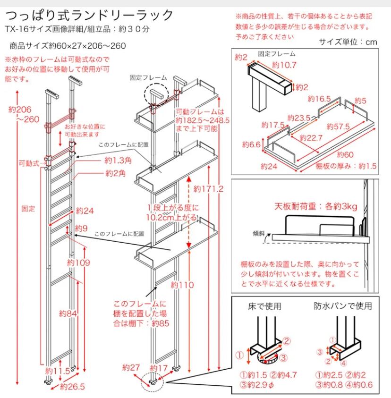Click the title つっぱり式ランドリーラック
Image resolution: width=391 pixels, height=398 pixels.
[89, 16]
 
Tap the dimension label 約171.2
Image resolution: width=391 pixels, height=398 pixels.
[208, 188]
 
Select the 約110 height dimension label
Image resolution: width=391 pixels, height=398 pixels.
[182, 285]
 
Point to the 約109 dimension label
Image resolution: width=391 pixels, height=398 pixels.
[78, 263]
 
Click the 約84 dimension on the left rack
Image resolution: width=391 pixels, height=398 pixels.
[68, 313]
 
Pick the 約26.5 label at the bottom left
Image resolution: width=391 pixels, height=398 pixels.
[72, 387]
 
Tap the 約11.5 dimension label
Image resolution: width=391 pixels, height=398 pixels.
[58, 371]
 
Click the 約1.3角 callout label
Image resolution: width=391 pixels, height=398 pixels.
[118, 160]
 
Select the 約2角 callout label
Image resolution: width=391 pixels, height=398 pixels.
[116, 173]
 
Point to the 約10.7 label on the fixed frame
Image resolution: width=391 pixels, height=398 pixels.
[284, 65]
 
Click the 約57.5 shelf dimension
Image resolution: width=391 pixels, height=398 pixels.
[338, 126]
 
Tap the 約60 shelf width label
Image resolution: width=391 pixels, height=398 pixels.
[345, 154]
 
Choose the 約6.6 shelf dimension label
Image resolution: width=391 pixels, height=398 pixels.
[251, 144]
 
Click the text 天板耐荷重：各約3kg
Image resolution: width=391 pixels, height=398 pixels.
[316, 206]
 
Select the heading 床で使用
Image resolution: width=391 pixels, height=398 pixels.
[264, 306]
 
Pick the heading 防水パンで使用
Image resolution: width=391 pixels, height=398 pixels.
[343, 306]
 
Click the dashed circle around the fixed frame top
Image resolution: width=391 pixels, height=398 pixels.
[156, 95]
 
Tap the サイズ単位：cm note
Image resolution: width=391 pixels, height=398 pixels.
[348, 42]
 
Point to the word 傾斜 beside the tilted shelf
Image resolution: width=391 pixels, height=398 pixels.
[259, 233]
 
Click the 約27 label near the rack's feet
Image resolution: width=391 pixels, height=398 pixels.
[131, 367]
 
